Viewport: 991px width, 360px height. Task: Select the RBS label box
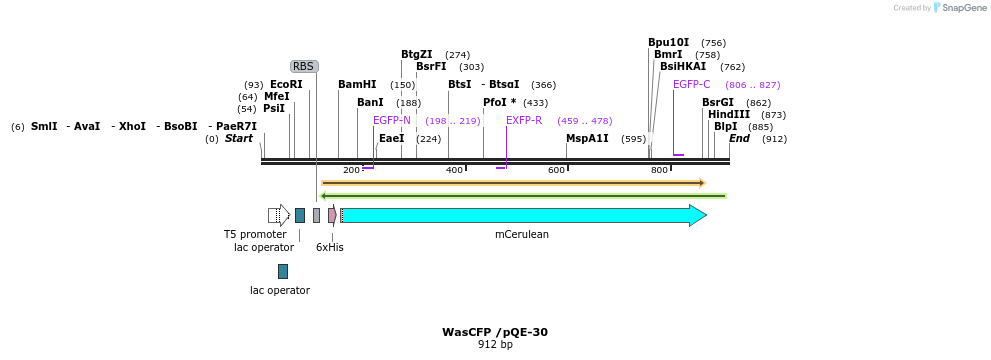coord(304,66)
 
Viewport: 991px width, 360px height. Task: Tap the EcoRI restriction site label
coord(286,85)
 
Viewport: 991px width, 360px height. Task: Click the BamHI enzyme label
coord(357,85)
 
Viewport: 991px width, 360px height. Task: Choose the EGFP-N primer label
coord(392,120)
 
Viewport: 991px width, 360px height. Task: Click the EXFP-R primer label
coord(524,120)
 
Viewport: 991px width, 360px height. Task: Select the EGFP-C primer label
coord(691,85)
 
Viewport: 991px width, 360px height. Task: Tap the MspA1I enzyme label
coord(587,138)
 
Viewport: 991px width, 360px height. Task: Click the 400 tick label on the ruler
coord(454,170)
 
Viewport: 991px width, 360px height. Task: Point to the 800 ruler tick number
coord(659,170)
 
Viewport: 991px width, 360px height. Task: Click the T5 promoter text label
coord(255,234)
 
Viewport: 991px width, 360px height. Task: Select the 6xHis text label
coord(330,247)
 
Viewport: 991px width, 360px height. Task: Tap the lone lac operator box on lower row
coord(283,271)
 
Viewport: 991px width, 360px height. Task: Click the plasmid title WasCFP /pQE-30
coord(495,332)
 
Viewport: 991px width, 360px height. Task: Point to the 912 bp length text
coord(495,345)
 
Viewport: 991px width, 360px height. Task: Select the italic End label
coord(739,138)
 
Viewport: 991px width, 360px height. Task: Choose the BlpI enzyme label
coord(725,127)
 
